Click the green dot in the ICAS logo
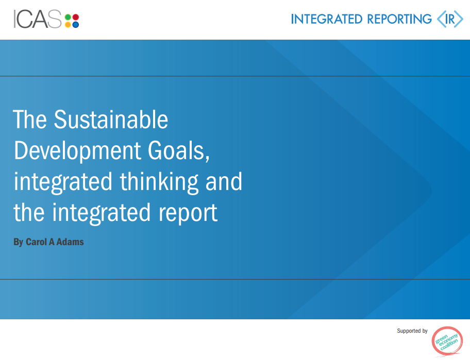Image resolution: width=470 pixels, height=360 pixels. click(x=68, y=16)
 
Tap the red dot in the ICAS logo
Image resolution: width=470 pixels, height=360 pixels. click(x=75, y=16)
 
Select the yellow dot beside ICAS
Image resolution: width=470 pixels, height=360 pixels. click(x=68, y=24)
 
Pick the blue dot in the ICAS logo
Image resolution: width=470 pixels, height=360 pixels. click(x=75, y=24)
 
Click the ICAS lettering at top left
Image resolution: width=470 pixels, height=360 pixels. click(x=38, y=20)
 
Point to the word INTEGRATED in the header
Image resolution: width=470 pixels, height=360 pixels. click(x=327, y=20)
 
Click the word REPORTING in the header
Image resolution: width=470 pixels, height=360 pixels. click(x=399, y=20)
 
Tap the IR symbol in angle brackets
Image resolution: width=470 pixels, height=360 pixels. click(x=450, y=20)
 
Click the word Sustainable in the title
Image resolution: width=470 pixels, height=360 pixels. click(x=111, y=120)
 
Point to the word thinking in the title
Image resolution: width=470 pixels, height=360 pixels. click(x=159, y=182)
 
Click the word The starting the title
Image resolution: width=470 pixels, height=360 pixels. click(x=30, y=120)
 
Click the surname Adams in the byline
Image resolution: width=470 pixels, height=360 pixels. click(x=70, y=242)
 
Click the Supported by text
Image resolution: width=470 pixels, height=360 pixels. click(x=412, y=331)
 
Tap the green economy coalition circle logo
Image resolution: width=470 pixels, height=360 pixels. click(x=447, y=341)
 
